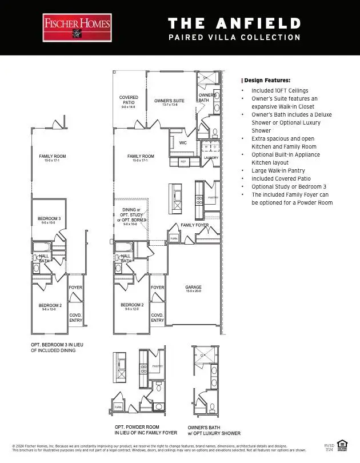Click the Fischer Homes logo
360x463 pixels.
coord(77,28)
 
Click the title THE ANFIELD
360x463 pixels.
coord(234,23)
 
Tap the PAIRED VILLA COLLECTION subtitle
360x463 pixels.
coord(234,38)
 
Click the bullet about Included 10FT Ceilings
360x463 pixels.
coord(279,90)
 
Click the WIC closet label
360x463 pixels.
coord(183,143)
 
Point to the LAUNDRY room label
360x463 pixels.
coord(211,157)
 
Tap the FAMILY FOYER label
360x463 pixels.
coord(194,225)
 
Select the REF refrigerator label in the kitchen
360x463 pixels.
coord(183,162)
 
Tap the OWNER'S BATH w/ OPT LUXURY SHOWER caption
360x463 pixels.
coord(214,430)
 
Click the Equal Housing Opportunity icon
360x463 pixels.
coord(343,444)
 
